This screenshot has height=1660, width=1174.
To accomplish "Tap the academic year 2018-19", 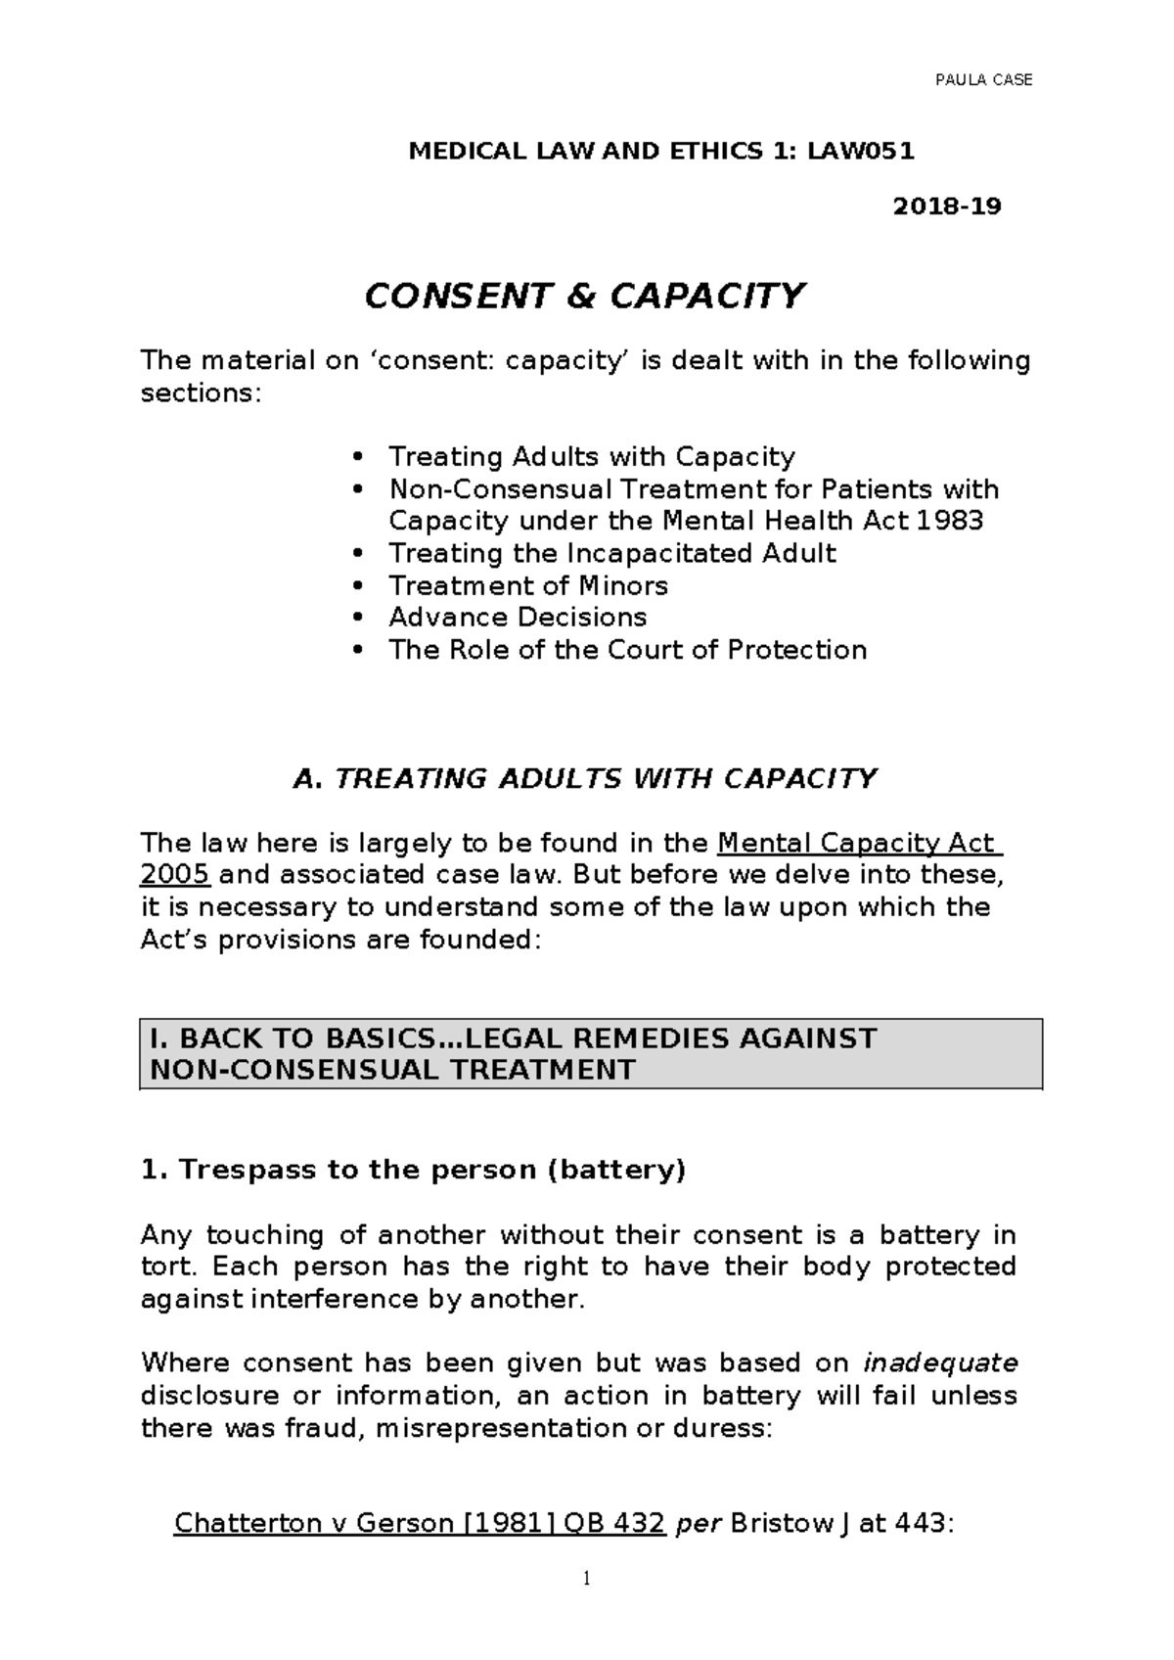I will (x=948, y=207).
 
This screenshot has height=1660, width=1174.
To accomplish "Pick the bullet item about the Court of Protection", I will (x=627, y=650).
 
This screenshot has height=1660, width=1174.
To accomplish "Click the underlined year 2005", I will (x=175, y=875).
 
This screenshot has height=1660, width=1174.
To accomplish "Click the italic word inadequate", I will (x=941, y=1363).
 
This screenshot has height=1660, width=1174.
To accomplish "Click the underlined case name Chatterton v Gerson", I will (x=312, y=1524).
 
